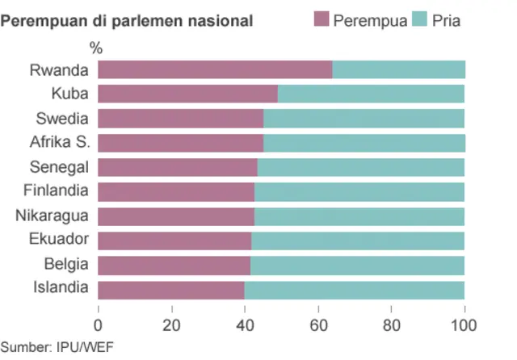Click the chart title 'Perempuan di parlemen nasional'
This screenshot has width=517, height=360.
(127, 20)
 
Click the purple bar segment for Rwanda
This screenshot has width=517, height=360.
(215, 70)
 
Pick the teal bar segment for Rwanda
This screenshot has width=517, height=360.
(398, 70)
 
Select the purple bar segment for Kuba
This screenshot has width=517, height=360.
(187, 94)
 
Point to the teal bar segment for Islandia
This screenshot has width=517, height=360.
(354, 289)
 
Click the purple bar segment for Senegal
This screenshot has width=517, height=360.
(178, 167)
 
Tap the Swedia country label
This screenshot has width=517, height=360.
(62, 119)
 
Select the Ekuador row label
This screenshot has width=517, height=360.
(59, 240)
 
